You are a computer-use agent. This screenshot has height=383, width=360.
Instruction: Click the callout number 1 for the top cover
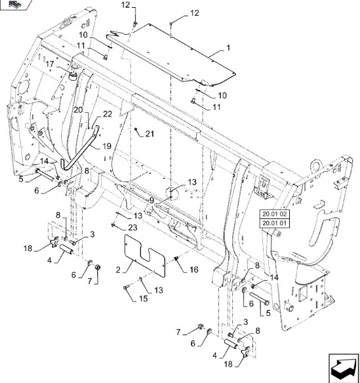pos(228,48)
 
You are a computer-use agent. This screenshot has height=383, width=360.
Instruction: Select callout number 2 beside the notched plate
pos(118,270)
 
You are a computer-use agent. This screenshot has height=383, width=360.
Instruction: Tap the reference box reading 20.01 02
pos(275,214)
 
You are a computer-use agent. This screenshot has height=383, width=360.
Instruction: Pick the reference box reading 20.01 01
pos(275,223)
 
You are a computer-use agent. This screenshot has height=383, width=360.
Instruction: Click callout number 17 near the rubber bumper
pos(50,64)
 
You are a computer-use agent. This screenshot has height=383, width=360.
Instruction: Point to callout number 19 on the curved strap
pos(107,146)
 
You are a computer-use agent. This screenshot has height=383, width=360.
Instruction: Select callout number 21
pos(150,134)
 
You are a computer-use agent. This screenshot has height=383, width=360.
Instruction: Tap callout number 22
pos(108,114)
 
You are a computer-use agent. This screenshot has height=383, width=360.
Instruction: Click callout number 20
pos(79,110)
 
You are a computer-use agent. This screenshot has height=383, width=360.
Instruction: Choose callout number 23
pos(132,228)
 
